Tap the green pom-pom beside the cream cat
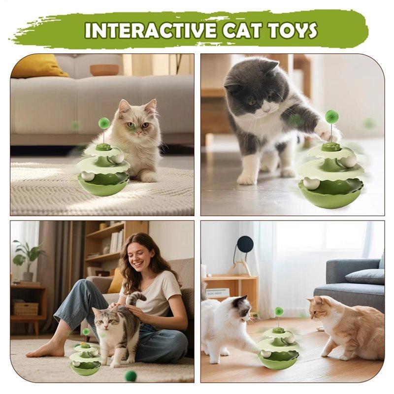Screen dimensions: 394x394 click(x=104, y=123)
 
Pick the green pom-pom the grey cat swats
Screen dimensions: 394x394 click(x=331, y=117)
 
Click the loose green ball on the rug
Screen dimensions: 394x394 click(x=131, y=375)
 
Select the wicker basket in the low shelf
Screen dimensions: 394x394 click(x=26, y=308)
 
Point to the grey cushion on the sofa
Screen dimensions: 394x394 click(x=364, y=276)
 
